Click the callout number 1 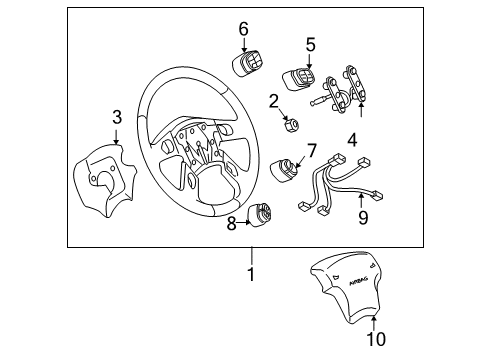point(252,273)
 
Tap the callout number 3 point(117,119)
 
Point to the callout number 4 point(352,141)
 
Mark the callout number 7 point(311,151)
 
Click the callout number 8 point(232,223)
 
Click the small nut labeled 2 point(293,124)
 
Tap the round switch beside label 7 point(286,173)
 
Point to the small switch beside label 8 point(263,214)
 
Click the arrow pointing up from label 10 point(374,320)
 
